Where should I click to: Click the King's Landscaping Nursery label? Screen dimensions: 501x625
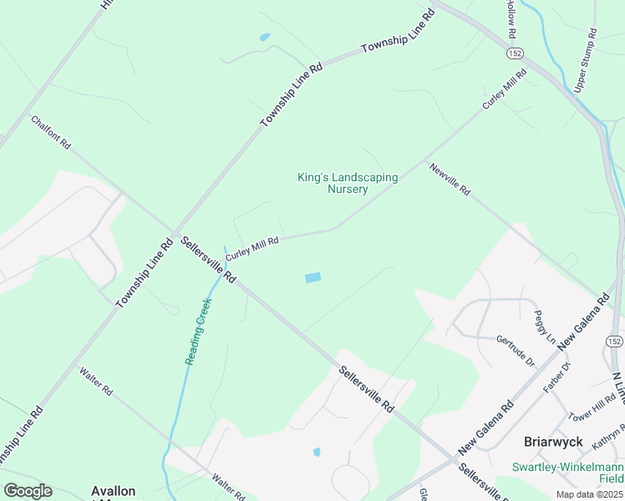pos(348,183)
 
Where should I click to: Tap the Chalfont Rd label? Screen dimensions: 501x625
pos(51,133)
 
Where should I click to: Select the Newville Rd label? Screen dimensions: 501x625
pos(451,179)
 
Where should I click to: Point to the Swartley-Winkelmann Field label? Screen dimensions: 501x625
pos(567,472)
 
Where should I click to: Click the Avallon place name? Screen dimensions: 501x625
pos(113,490)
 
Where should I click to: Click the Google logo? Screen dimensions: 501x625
pos(28,491)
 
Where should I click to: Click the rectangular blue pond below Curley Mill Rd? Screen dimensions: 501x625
pos(312,277)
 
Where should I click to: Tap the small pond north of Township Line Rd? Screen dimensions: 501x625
pos(265,37)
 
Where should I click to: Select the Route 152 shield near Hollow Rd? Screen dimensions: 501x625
pos(515,53)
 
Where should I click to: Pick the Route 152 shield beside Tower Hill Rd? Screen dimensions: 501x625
pos(615,342)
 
